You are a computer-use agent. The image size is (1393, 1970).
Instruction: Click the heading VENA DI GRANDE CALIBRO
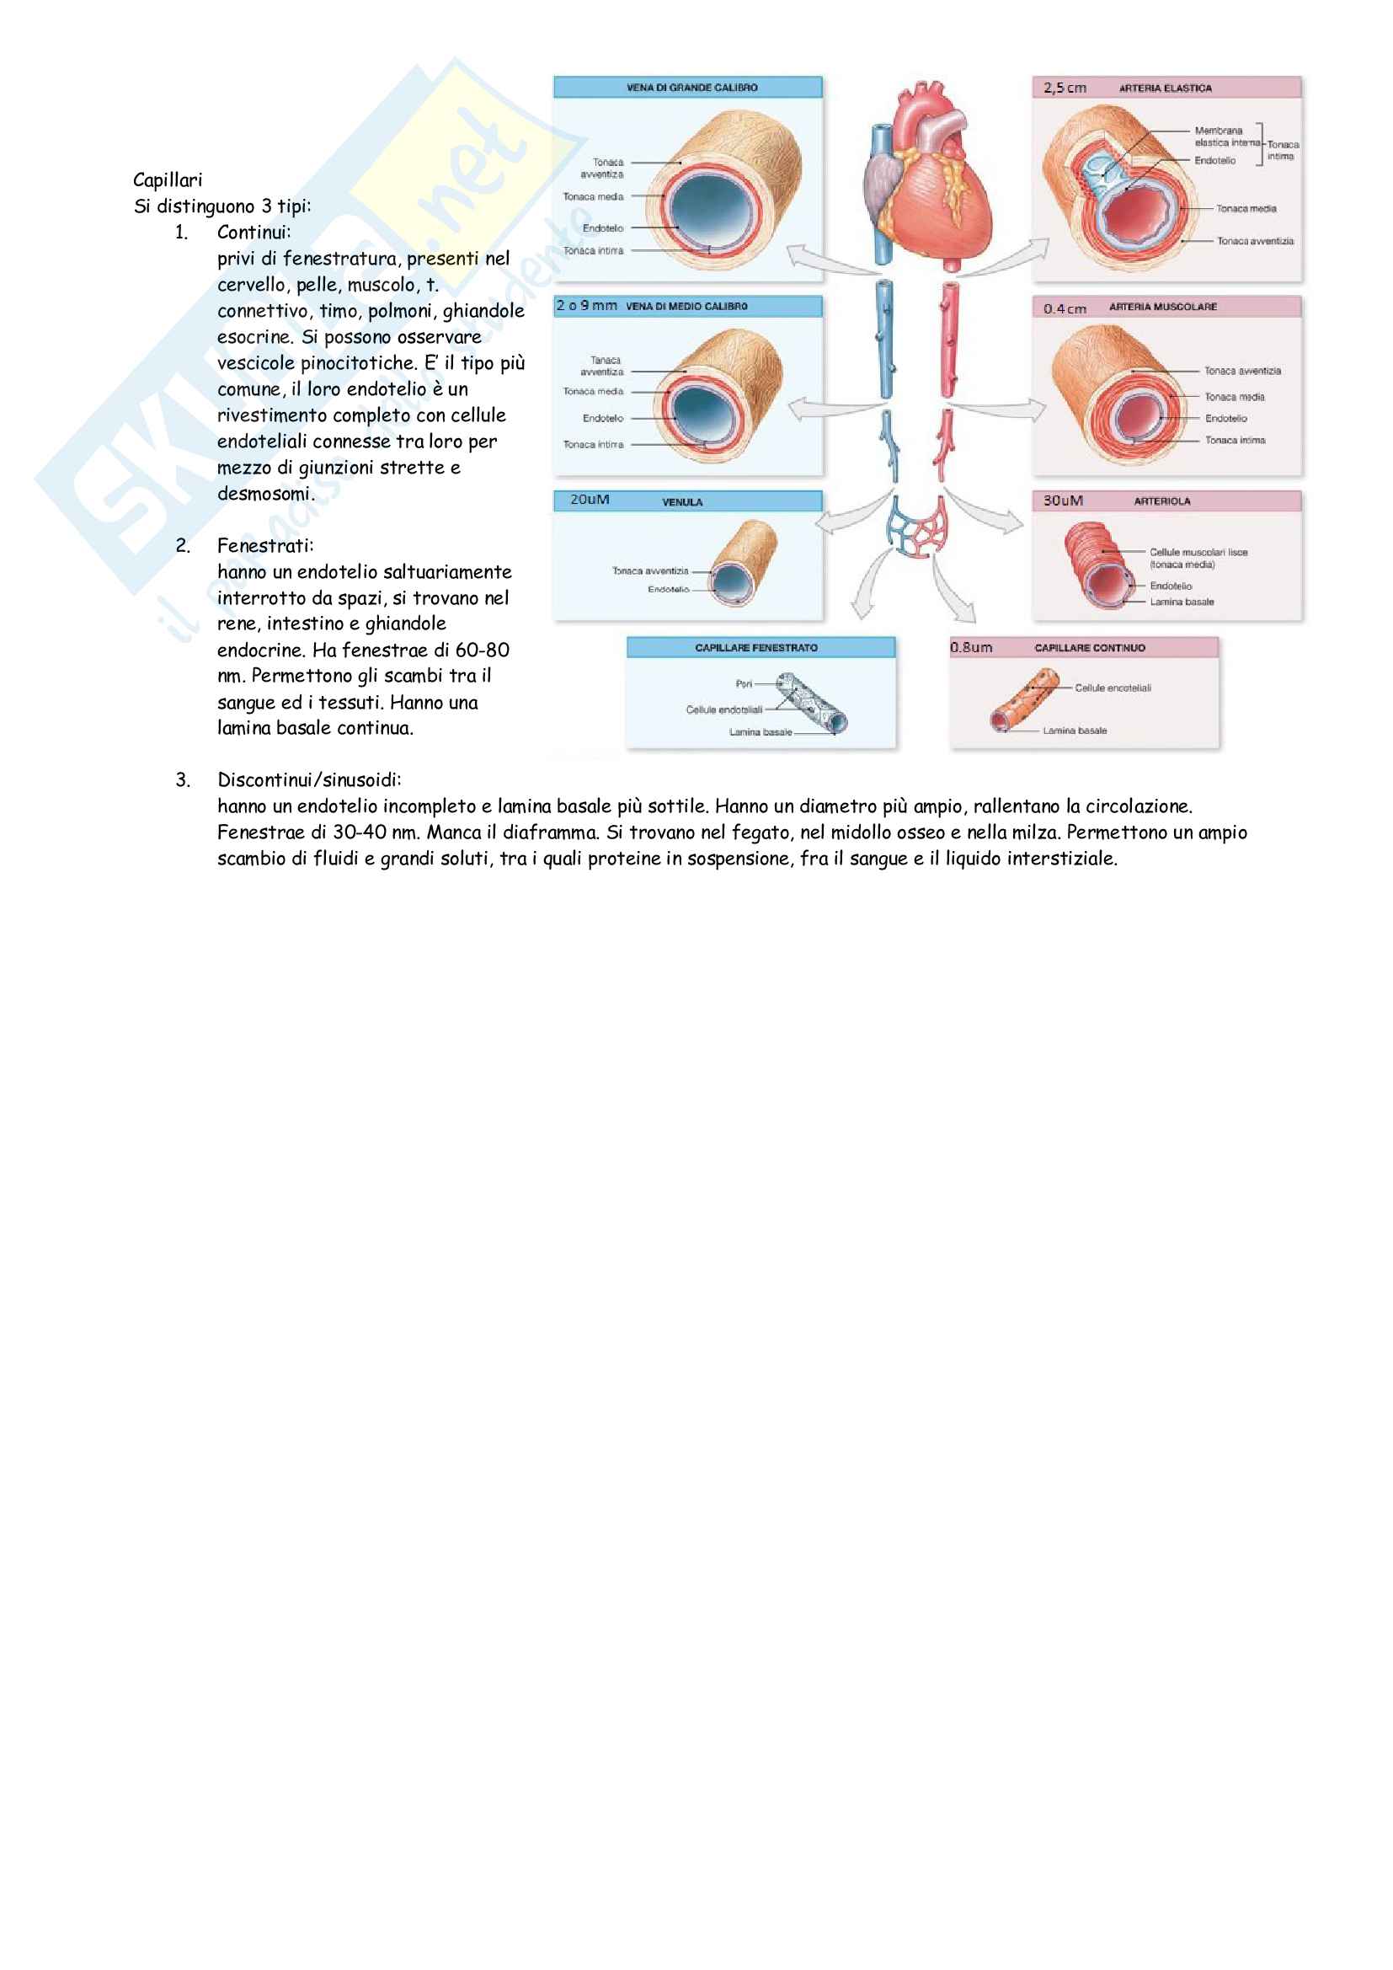click(691, 88)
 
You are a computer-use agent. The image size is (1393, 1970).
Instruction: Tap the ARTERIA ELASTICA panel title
click(1165, 88)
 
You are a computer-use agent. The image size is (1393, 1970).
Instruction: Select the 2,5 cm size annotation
click(1065, 88)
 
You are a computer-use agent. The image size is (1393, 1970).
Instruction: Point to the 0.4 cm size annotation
click(1065, 309)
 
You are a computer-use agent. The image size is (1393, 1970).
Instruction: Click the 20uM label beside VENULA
click(590, 500)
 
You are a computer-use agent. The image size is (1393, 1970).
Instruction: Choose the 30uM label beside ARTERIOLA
click(1063, 501)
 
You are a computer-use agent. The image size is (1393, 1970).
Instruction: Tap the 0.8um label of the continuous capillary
click(971, 648)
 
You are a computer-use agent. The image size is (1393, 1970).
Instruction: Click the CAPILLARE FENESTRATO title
click(755, 648)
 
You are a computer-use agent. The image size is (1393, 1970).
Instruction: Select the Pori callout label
click(744, 684)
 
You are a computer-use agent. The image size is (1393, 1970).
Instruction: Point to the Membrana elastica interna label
click(1226, 137)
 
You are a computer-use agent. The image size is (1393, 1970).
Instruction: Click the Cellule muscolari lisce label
click(1198, 553)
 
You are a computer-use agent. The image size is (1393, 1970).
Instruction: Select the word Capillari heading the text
click(168, 180)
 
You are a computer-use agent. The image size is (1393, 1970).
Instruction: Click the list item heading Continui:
click(254, 233)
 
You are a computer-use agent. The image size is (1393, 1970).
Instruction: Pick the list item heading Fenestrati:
click(265, 546)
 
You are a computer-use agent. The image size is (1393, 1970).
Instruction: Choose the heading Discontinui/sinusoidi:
click(309, 780)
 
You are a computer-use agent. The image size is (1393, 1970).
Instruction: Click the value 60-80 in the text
click(482, 650)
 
